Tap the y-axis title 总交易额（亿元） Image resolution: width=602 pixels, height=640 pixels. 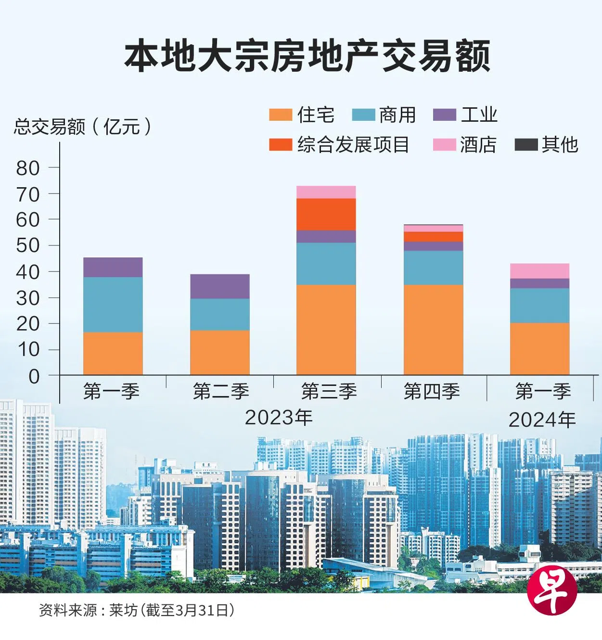[x=83, y=127]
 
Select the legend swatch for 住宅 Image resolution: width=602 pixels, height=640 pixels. [x=280, y=115]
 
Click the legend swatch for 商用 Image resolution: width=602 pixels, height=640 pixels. [x=363, y=115]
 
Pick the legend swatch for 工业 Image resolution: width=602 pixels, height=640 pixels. [x=444, y=115]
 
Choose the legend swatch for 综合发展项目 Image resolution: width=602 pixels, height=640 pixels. [x=280, y=144]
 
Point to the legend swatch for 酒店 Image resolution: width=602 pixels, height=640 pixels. [x=444, y=144]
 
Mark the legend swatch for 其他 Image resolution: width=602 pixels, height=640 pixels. [x=525, y=144]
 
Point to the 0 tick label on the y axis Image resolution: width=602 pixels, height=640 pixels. [x=34, y=376]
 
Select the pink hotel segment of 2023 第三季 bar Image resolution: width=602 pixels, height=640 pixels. [x=326, y=192]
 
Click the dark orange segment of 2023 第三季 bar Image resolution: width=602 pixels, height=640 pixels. [x=326, y=214]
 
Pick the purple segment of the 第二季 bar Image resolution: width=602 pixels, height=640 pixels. [x=219, y=286]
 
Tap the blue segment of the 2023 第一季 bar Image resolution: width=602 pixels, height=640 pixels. [x=113, y=305]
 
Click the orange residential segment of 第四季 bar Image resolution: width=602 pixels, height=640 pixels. [x=433, y=330]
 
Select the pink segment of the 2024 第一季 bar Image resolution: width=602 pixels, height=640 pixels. [x=539, y=271]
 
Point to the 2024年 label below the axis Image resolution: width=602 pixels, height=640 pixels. [x=542, y=420]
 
